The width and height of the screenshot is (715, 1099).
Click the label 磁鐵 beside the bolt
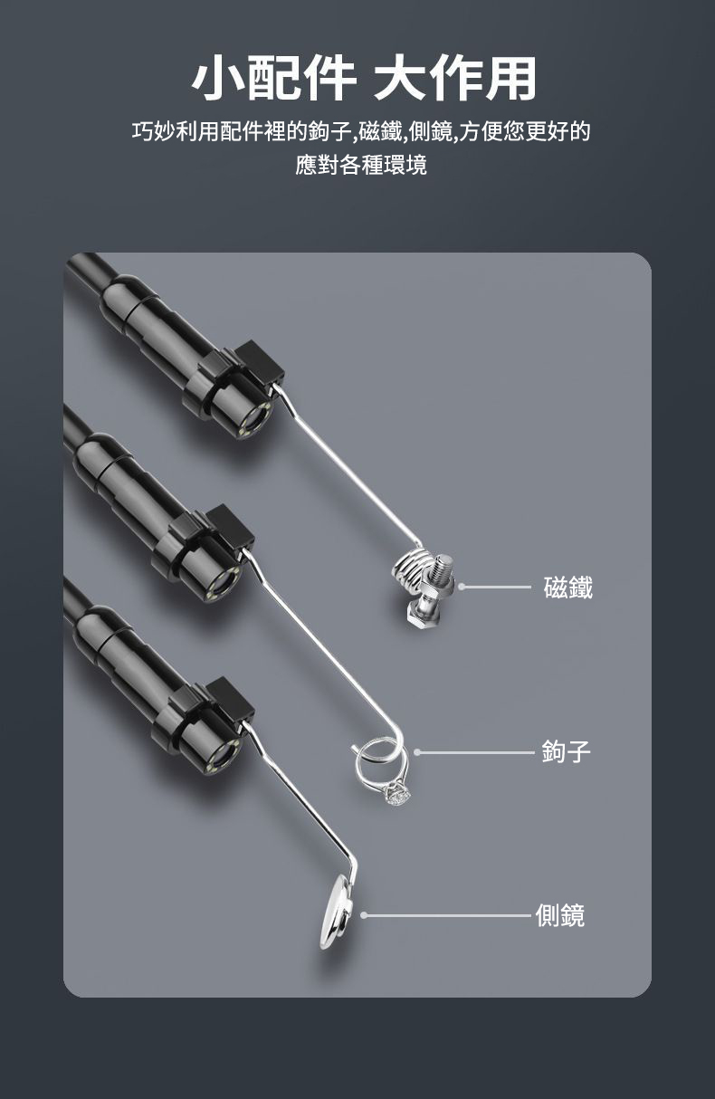pos(567,588)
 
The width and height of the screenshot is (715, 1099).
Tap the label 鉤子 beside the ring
pos(566,751)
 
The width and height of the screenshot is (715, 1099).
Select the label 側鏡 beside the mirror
pos(560,915)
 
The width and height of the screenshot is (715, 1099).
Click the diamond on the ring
pos(396,795)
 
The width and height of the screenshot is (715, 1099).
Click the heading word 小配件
pos(273,79)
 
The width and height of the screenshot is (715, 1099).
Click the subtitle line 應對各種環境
pos(361,165)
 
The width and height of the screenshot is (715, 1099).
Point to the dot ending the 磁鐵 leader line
pos(461,587)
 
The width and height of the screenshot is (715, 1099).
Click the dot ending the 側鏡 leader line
pos(364,915)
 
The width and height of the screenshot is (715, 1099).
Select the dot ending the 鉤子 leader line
pos(417,752)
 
